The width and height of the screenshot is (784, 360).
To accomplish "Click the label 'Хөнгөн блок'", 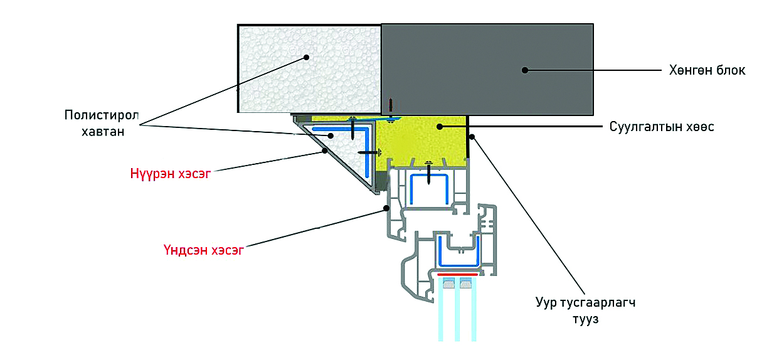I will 707,70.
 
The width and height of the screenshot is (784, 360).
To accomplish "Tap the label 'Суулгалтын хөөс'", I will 662,127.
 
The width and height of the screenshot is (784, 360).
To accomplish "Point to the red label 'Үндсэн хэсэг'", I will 203,251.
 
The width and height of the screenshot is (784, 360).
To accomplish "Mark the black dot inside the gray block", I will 525,70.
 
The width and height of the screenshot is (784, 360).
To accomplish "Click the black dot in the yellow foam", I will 440,127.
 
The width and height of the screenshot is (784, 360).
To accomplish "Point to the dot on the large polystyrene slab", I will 307,57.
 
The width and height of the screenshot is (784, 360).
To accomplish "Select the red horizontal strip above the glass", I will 457,274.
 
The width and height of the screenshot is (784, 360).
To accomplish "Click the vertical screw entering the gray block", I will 390,108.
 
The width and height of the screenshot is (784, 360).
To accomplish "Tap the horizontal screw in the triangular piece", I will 369,152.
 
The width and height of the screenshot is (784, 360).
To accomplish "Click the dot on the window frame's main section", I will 387,208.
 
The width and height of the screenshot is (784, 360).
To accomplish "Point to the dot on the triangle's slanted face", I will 324,151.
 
